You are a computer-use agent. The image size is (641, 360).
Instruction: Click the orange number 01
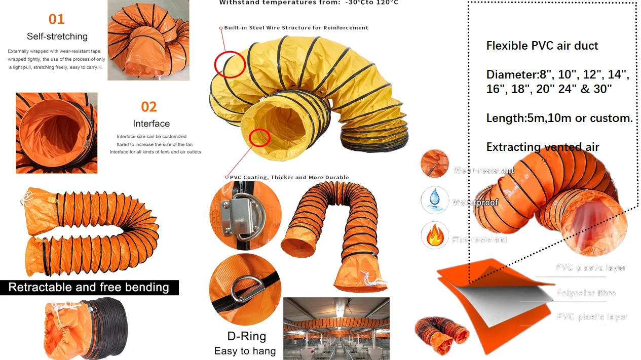[x=56, y=19]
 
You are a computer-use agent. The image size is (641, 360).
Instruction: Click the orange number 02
[x=149, y=107]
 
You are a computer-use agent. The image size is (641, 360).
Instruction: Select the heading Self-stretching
[x=57, y=36]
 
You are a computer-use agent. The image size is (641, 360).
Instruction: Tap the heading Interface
[x=151, y=124]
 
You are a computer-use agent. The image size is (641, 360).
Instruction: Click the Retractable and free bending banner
[x=89, y=288]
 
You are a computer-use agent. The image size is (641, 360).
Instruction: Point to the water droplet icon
[x=434, y=200]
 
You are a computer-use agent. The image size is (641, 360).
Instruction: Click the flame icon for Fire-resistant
[x=434, y=235]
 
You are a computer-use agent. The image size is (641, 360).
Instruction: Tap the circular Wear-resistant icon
[x=434, y=164]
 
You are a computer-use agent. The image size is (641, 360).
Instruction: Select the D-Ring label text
[x=246, y=336]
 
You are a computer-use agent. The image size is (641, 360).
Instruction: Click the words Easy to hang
[x=245, y=351]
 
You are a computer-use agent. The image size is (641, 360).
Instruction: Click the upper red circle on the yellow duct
[x=230, y=64]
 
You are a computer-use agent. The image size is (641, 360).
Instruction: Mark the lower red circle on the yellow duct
[x=259, y=137]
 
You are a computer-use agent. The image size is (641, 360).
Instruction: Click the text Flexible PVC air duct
[x=542, y=46]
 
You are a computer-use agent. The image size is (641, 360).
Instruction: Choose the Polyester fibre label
[x=586, y=293]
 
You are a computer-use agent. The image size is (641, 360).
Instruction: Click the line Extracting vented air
[x=542, y=147]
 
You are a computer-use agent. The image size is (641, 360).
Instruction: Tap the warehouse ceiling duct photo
[x=336, y=328]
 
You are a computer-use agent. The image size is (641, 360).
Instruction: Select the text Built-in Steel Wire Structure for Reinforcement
[x=296, y=28]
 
